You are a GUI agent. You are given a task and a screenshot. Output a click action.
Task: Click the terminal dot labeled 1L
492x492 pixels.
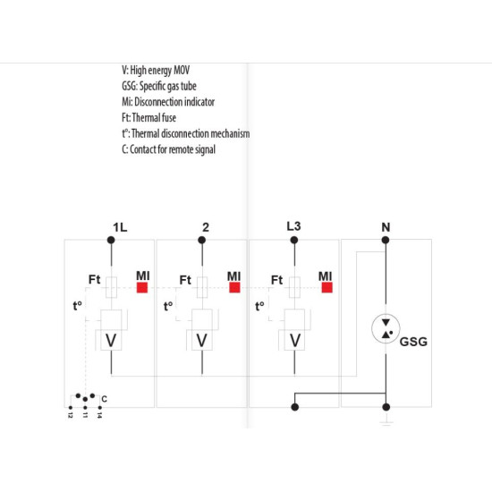click(x=111, y=240)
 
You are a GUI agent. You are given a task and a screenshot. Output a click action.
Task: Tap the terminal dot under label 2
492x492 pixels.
click(x=202, y=240)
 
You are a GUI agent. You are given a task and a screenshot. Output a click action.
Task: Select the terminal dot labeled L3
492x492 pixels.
click(x=294, y=240)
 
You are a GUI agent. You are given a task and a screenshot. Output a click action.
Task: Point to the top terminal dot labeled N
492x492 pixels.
click(x=386, y=240)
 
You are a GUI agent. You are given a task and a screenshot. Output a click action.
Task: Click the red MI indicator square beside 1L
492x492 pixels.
click(x=142, y=287)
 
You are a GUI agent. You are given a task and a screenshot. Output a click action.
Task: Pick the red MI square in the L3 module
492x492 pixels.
click(x=327, y=287)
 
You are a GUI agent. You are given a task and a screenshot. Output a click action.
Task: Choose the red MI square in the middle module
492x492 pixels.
click(x=234, y=287)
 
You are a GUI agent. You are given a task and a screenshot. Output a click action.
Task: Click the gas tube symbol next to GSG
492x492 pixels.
click(x=386, y=328)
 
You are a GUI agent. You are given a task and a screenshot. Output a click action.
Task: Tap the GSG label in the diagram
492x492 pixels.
click(x=413, y=342)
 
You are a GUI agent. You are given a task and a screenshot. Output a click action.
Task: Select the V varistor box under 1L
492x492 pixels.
click(x=111, y=340)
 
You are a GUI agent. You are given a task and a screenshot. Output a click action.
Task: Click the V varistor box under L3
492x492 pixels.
click(x=294, y=340)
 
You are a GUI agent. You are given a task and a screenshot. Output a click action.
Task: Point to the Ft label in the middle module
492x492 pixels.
click(x=185, y=280)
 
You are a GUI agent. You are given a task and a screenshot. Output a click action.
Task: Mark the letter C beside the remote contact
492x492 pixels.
click(x=104, y=399)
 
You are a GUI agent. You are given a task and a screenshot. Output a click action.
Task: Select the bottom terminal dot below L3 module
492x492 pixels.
click(x=294, y=407)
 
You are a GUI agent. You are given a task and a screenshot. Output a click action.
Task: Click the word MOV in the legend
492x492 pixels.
click(x=182, y=70)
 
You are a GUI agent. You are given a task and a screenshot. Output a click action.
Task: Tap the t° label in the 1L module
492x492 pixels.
click(x=77, y=306)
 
